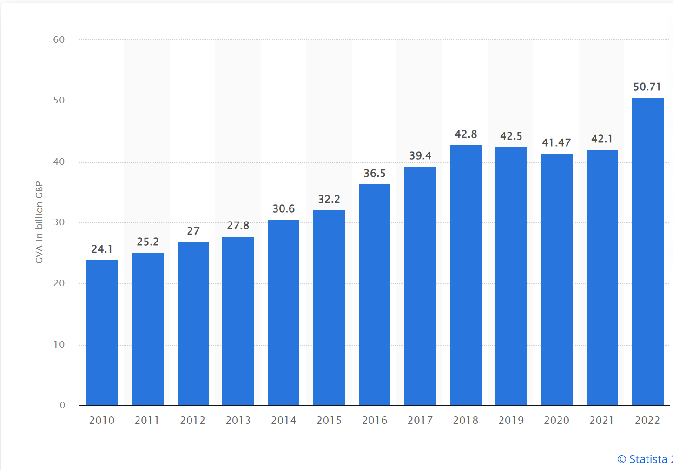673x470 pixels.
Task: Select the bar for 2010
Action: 102,333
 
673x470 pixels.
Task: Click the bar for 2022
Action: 647,251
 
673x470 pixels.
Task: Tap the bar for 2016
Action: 375,295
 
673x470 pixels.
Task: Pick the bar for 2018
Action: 466,275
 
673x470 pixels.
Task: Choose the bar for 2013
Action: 238,321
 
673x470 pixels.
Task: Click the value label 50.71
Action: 647,87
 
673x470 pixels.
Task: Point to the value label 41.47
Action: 556,143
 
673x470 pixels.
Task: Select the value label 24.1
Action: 102,249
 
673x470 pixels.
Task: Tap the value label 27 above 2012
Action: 193,231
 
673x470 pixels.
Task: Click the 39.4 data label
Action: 420,156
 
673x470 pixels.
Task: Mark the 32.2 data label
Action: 329,200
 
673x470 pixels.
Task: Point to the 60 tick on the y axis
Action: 59,40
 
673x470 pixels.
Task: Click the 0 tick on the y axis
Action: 62,405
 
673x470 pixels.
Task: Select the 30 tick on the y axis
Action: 59,222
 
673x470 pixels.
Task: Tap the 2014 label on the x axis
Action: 284,421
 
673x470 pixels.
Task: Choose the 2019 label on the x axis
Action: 511,421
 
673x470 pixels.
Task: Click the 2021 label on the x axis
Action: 602,421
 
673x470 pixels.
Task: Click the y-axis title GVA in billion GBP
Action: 40,222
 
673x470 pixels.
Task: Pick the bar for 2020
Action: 557,279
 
